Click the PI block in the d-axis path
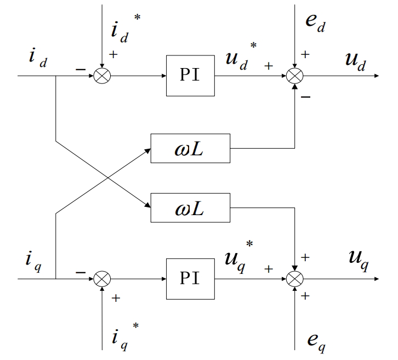click(x=190, y=75)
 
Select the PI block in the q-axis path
click(x=190, y=278)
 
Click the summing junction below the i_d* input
click(x=102, y=76)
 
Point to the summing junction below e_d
click(x=295, y=76)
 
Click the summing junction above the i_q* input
click(x=102, y=279)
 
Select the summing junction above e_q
click(x=295, y=279)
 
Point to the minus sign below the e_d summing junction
click(x=306, y=97)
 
